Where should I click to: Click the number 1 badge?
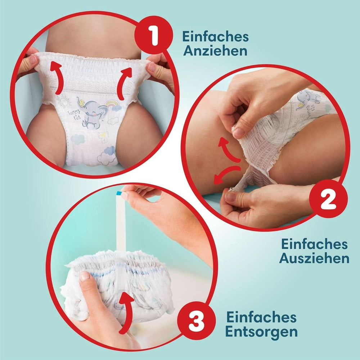point(154,37)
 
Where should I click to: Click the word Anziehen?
point(216,51)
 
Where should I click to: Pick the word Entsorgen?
point(262,331)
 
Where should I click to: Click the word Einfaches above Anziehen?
point(216,37)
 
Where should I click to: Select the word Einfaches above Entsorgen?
point(262,317)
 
